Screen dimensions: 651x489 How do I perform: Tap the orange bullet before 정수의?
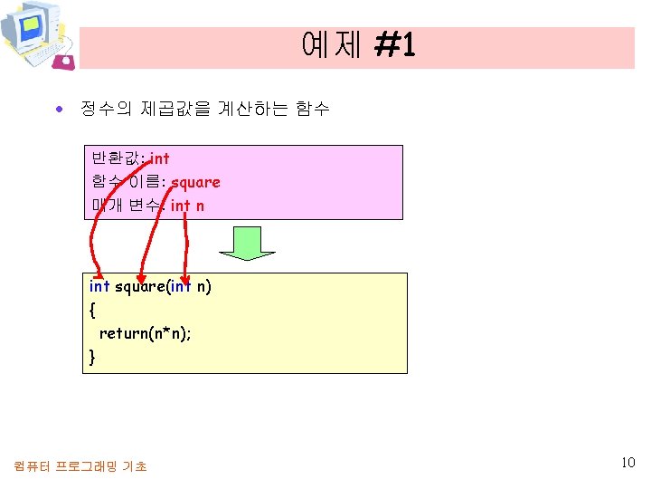(59, 110)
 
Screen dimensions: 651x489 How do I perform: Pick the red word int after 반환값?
(159, 158)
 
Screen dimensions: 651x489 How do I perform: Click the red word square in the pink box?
(195, 182)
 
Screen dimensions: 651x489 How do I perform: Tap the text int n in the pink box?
(187, 206)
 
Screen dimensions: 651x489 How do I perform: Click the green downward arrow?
(241, 243)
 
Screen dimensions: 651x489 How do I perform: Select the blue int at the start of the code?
(99, 286)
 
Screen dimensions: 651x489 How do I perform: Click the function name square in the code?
(140, 286)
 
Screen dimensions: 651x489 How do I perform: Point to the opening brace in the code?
(92, 310)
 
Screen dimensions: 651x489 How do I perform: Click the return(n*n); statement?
(145, 333)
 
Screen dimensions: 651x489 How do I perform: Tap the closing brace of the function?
(92, 357)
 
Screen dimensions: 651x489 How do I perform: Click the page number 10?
(628, 463)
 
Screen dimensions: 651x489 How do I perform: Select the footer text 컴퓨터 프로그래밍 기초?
(80, 466)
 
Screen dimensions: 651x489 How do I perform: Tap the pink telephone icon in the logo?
(63, 62)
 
